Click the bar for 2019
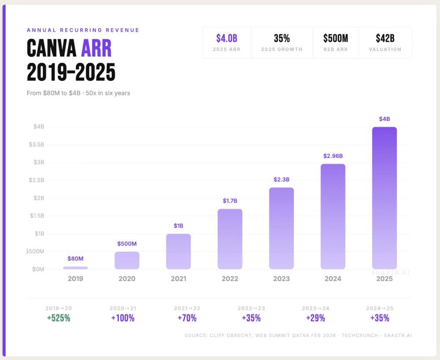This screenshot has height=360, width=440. (75, 268)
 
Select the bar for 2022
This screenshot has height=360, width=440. (230, 239)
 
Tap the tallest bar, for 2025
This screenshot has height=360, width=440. (384, 198)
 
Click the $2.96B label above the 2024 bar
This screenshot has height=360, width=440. (333, 156)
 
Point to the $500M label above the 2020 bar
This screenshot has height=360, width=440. (127, 244)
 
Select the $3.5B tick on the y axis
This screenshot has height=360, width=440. (37, 145)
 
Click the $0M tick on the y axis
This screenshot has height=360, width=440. (37, 269)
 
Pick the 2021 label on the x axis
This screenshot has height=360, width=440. (178, 279)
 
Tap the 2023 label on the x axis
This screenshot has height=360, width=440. (281, 279)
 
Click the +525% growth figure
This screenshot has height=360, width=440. (59, 318)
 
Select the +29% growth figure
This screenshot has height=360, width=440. (315, 318)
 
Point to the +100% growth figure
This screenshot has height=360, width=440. (123, 318)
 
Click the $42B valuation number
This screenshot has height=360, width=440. (385, 39)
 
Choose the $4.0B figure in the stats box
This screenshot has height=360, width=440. (227, 39)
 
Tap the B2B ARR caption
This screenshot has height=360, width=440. (336, 50)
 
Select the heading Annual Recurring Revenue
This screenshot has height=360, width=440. (83, 30)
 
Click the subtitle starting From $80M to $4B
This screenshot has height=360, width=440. (78, 93)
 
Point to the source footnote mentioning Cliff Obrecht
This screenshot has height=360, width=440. (298, 336)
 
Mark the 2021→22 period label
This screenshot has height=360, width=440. (187, 309)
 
